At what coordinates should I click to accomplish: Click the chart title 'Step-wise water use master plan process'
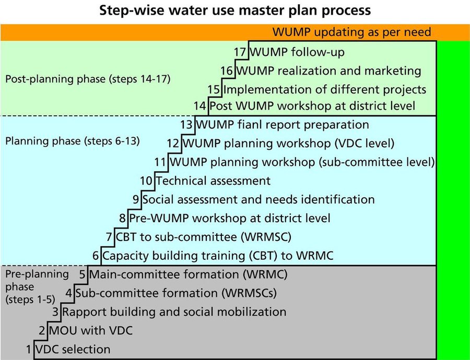(x=235, y=11)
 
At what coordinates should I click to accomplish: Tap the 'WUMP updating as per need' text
(x=351, y=32)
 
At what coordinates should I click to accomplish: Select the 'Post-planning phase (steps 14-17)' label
(x=88, y=79)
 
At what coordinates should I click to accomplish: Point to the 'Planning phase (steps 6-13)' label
(x=73, y=141)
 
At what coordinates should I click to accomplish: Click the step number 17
(x=240, y=52)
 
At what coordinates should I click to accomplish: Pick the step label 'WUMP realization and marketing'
(x=329, y=71)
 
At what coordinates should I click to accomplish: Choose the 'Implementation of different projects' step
(x=325, y=90)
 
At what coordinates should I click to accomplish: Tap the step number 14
(x=200, y=106)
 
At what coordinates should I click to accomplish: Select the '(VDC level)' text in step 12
(x=365, y=143)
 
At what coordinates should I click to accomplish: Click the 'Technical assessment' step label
(x=213, y=181)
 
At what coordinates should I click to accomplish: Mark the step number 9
(x=136, y=199)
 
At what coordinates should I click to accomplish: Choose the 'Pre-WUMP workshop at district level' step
(x=230, y=218)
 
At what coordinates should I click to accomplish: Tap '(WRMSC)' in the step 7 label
(x=266, y=237)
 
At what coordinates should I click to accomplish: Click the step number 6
(x=96, y=256)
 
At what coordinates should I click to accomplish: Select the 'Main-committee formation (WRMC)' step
(x=189, y=274)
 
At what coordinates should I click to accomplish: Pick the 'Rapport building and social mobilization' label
(x=174, y=312)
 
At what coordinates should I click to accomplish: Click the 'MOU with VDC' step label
(x=91, y=331)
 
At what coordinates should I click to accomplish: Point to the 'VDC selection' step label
(x=73, y=350)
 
